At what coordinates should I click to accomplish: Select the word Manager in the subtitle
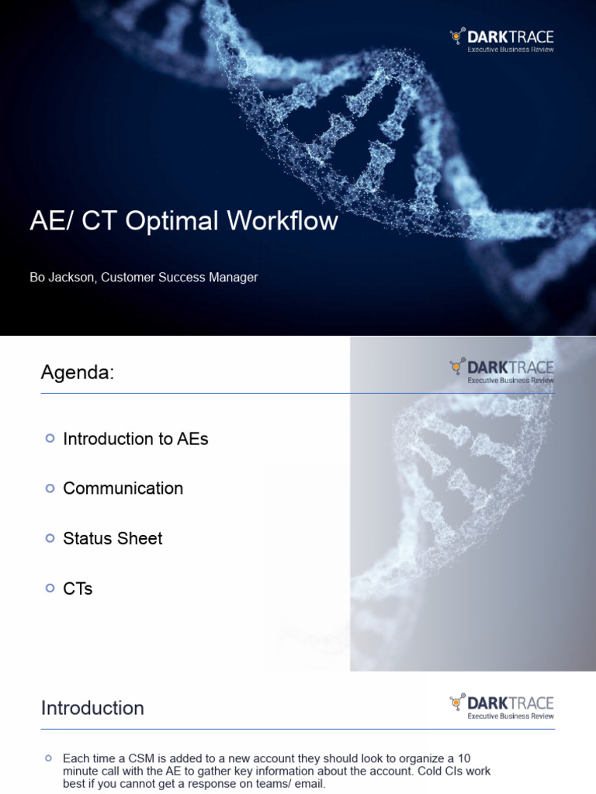pyautogui.click(x=234, y=277)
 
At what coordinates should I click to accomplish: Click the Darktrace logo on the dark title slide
pyautogui.click(x=501, y=36)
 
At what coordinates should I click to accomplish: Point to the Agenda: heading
pyautogui.click(x=77, y=373)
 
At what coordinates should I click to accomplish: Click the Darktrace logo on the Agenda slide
pyautogui.click(x=501, y=367)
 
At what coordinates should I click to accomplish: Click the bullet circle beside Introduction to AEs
pyautogui.click(x=50, y=439)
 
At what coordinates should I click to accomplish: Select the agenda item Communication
pyautogui.click(x=123, y=488)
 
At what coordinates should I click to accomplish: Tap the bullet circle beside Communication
pyautogui.click(x=50, y=488)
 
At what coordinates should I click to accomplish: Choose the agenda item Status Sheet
pyautogui.click(x=113, y=539)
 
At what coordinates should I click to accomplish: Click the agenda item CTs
pyautogui.click(x=78, y=589)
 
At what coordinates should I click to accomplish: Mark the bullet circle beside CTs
pyautogui.click(x=50, y=589)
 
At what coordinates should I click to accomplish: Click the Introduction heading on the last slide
pyautogui.click(x=92, y=708)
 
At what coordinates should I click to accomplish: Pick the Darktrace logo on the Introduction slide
pyautogui.click(x=501, y=703)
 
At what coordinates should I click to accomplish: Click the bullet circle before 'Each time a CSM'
pyautogui.click(x=49, y=758)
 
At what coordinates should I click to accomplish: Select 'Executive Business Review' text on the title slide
pyautogui.click(x=511, y=50)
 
